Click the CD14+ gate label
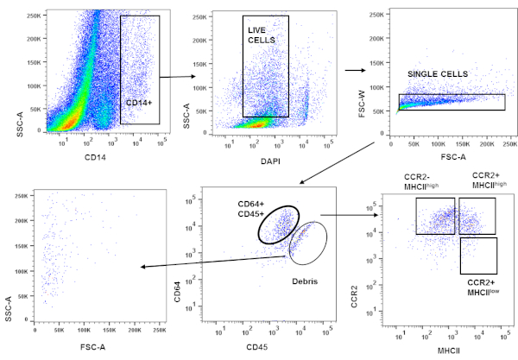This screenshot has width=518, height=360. click(138, 103)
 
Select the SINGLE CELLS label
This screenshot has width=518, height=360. click(438, 74)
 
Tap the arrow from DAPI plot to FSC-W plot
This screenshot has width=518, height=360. click(354, 71)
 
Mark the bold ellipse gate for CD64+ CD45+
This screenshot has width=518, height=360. click(277, 224)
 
